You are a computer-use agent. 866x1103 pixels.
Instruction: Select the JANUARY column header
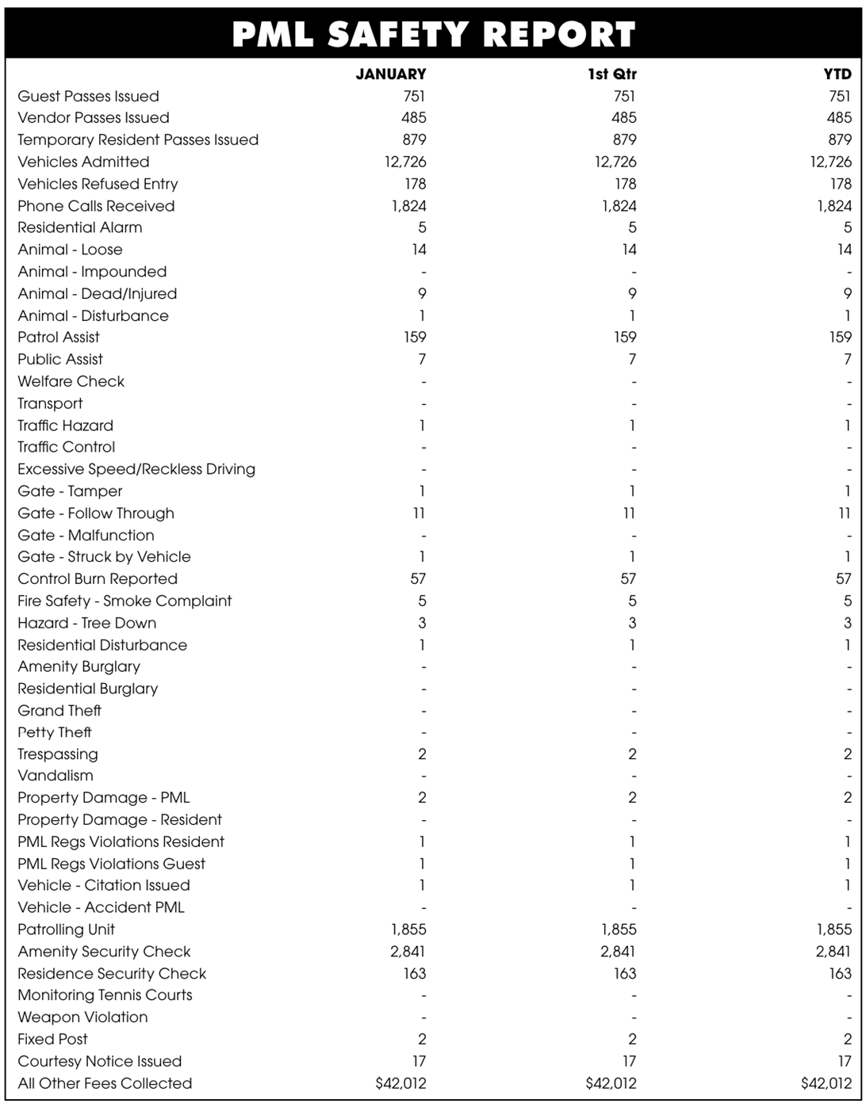pyautogui.click(x=390, y=74)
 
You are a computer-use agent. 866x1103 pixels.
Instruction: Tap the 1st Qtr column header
pyautogui.click(x=611, y=74)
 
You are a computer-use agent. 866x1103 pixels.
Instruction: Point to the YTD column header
pyautogui.click(x=837, y=74)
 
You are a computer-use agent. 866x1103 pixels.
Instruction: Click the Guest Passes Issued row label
pyautogui.click(x=88, y=97)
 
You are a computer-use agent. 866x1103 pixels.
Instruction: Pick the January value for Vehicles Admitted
pyautogui.click(x=405, y=162)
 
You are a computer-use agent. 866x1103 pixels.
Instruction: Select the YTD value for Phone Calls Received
pyautogui.click(x=834, y=206)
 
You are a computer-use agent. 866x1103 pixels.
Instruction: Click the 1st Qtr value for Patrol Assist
pyautogui.click(x=625, y=338)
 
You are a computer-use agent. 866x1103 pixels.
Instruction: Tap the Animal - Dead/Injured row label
pyautogui.click(x=97, y=294)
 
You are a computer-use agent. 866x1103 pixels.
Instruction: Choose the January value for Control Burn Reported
pyautogui.click(x=418, y=579)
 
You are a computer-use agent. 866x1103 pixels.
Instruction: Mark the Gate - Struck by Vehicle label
pyautogui.click(x=104, y=557)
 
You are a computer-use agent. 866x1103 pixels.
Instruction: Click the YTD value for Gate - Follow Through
pyautogui.click(x=845, y=513)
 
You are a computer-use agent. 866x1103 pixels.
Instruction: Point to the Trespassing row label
pyautogui.click(x=58, y=754)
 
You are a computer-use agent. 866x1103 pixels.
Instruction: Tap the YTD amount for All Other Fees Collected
pyautogui.click(x=826, y=1083)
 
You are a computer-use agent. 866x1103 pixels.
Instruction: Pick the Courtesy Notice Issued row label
pyautogui.click(x=99, y=1062)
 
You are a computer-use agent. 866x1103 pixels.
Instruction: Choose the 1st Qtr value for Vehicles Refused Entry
pyautogui.click(x=625, y=184)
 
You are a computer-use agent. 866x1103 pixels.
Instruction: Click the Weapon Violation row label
pyautogui.click(x=82, y=1017)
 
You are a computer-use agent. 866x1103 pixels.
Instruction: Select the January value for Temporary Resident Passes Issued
pyautogui.click(x=414, y=140)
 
